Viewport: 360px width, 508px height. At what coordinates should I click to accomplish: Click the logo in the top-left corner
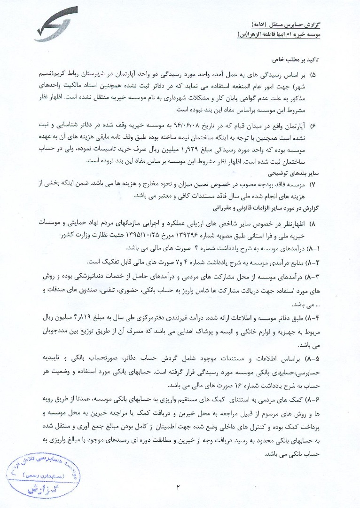tap(56, 24)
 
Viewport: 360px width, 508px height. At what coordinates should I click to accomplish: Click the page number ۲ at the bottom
tap(179, 487)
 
